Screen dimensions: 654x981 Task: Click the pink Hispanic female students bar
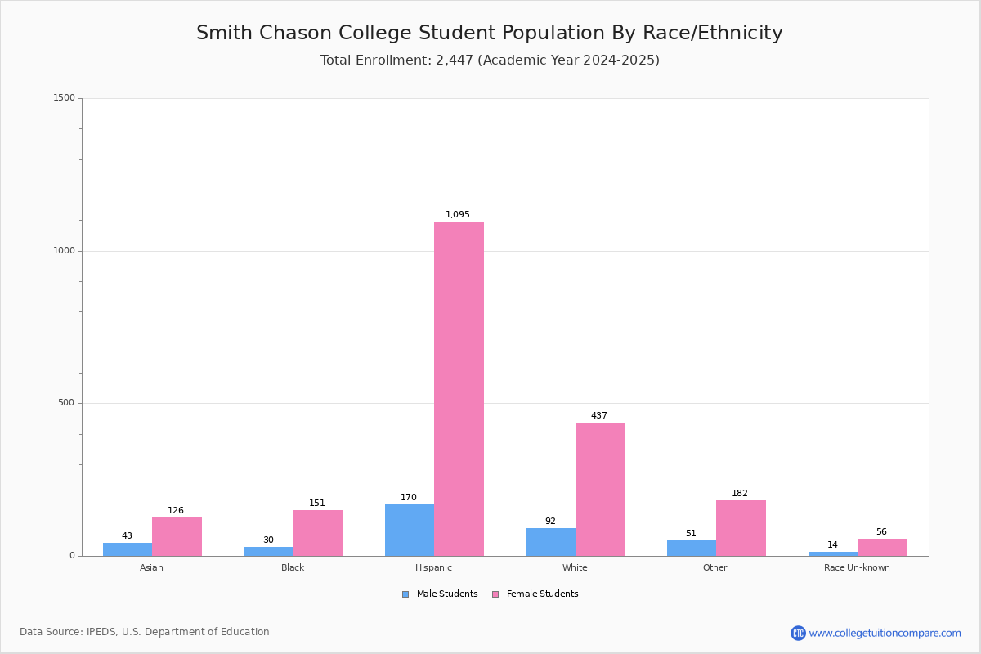(x=459, y=388)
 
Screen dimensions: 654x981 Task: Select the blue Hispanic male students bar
(x=410, y=530)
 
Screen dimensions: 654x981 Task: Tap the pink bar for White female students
(x=600, y=489)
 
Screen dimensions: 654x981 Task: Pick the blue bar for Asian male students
(x=128, y=549)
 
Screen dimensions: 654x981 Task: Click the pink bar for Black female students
(x=318, y=533)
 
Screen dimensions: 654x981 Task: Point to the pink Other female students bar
(x=741, y=528)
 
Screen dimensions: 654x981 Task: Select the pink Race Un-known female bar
(x=882, y=547)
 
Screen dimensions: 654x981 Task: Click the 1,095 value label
(x=458, y=215)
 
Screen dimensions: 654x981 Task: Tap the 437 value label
(x=599, y=416)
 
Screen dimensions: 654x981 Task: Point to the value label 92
(x=550, y=522)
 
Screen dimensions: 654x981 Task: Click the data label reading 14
(x=832, y=545)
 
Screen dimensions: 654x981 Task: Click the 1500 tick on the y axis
(x=65, y=98)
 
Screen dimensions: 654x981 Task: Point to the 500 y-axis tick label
(x=66, y=403)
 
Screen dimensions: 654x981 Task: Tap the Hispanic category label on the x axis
(x=433, y=567)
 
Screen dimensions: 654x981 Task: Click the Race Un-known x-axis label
(x=857, y=567)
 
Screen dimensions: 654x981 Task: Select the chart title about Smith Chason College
(x=490, y=33)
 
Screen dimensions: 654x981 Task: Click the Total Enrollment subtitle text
(x=490, y=60)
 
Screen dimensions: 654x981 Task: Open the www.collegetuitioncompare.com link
(x=885, y=633)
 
